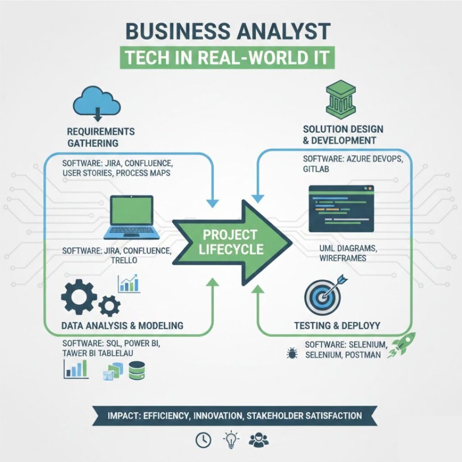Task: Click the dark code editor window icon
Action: point(341,208)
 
